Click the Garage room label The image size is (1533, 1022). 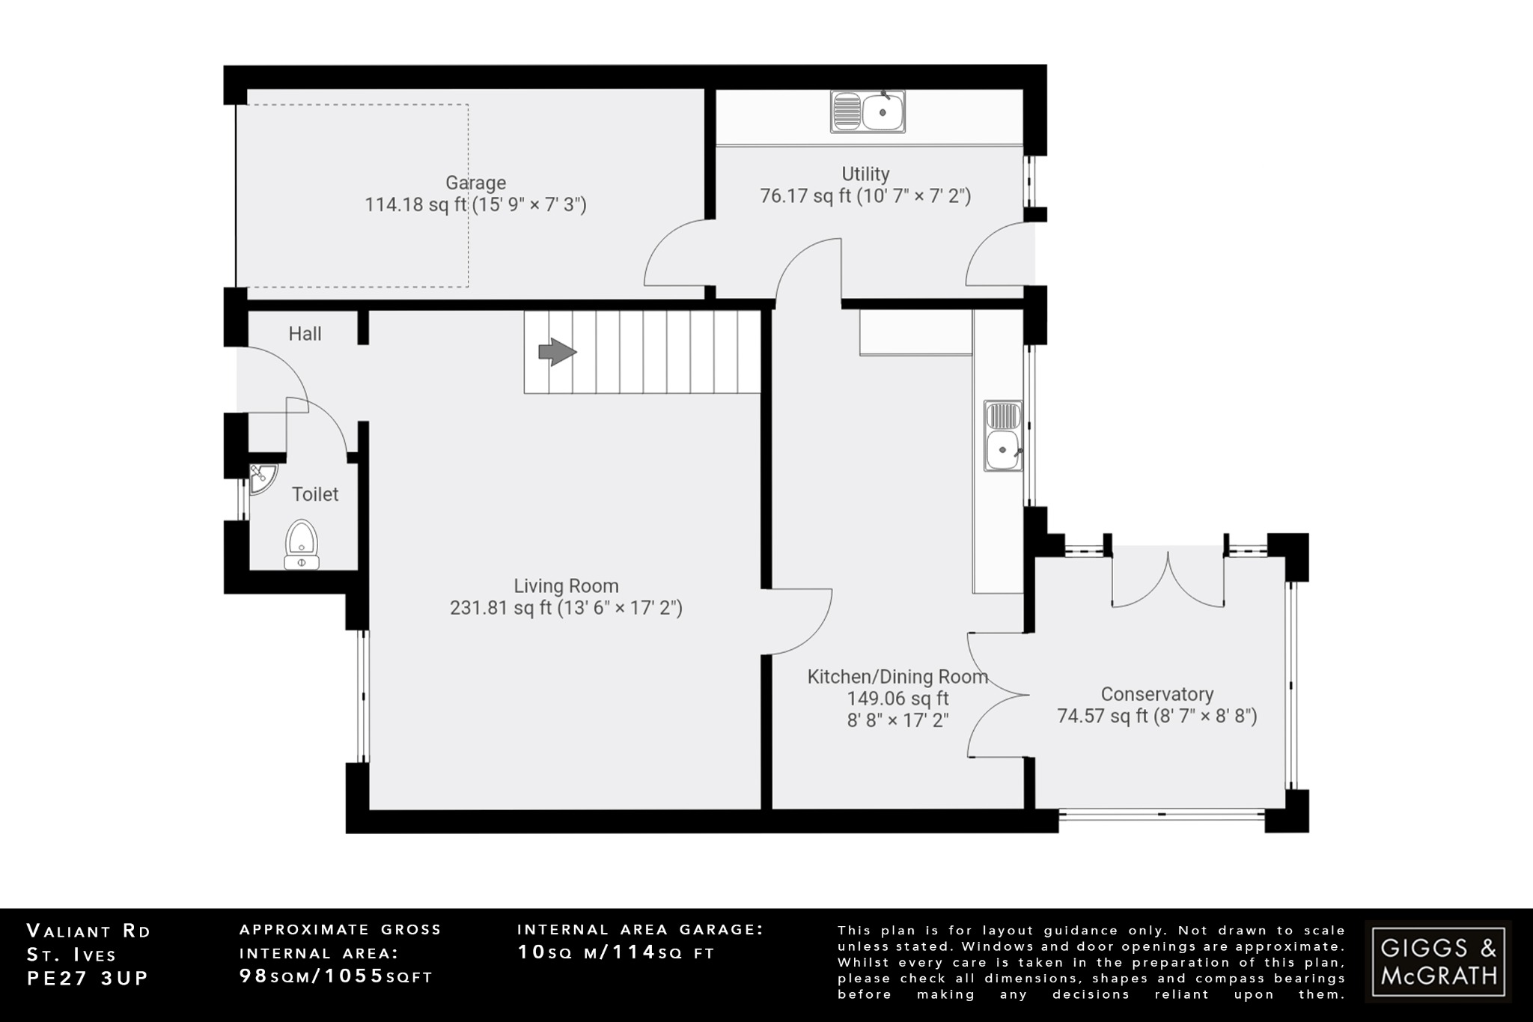[475, 183]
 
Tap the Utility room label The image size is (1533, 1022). [865, 174]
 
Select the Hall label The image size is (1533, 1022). [305, 334]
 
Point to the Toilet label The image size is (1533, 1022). [315, 494]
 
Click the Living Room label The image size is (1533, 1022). [566, 586]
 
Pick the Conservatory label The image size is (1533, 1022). [1157, 695]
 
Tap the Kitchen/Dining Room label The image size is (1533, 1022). [897, 677]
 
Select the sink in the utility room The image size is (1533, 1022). [868, 112]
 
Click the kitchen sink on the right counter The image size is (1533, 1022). [1003, 436]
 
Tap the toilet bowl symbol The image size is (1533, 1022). [302, 544]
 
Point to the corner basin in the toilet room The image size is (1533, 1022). [261, 478]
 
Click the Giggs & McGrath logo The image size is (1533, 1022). [1438, 962]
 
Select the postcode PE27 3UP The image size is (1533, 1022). [88, 979]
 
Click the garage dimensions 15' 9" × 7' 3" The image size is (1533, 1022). [528, 204]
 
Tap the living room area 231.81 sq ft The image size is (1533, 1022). [499, 608]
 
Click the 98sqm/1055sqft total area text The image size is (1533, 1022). [336, 976]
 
